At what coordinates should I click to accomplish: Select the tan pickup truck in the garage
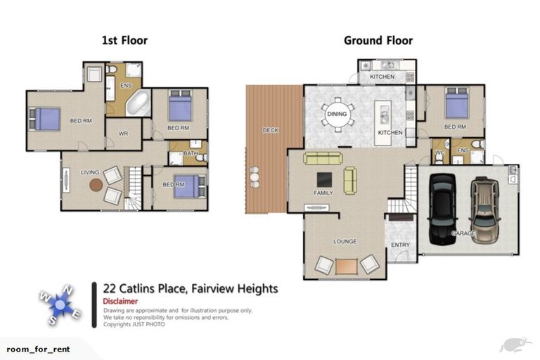[x=484, y=209]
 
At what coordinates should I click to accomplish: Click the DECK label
[x=270, y=130]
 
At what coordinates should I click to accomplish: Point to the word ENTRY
[x=400, y=245]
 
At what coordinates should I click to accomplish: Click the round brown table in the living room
[x=96, y=185]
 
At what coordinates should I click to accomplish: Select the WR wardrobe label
[x=123, y=134]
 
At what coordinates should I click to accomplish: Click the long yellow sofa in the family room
[x=323, y=158]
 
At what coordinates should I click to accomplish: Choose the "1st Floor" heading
[x=124, y=40]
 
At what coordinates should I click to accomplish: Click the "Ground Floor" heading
[x=378, y=40]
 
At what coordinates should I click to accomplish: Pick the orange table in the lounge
[x=346, y=266]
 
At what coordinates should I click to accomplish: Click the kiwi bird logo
[x=513, y=345]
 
